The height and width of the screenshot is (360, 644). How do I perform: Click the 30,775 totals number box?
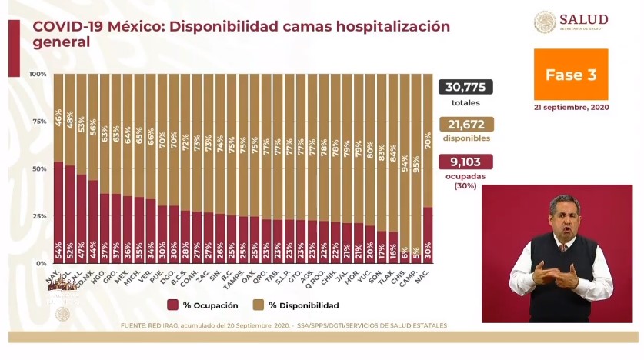465,87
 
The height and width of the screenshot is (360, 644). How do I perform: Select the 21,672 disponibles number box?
465,124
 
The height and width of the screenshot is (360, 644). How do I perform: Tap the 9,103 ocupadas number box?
465,162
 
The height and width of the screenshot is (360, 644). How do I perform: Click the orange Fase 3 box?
570,75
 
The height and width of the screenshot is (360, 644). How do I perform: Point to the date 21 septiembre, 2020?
570,108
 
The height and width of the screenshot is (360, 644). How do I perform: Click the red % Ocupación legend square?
173,305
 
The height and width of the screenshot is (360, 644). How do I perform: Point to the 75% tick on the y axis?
38,121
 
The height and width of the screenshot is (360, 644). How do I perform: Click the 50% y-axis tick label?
38,168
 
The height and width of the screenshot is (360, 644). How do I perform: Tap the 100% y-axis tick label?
37,74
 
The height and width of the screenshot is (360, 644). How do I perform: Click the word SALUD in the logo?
582,19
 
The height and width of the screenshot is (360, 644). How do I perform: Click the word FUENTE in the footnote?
135,326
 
